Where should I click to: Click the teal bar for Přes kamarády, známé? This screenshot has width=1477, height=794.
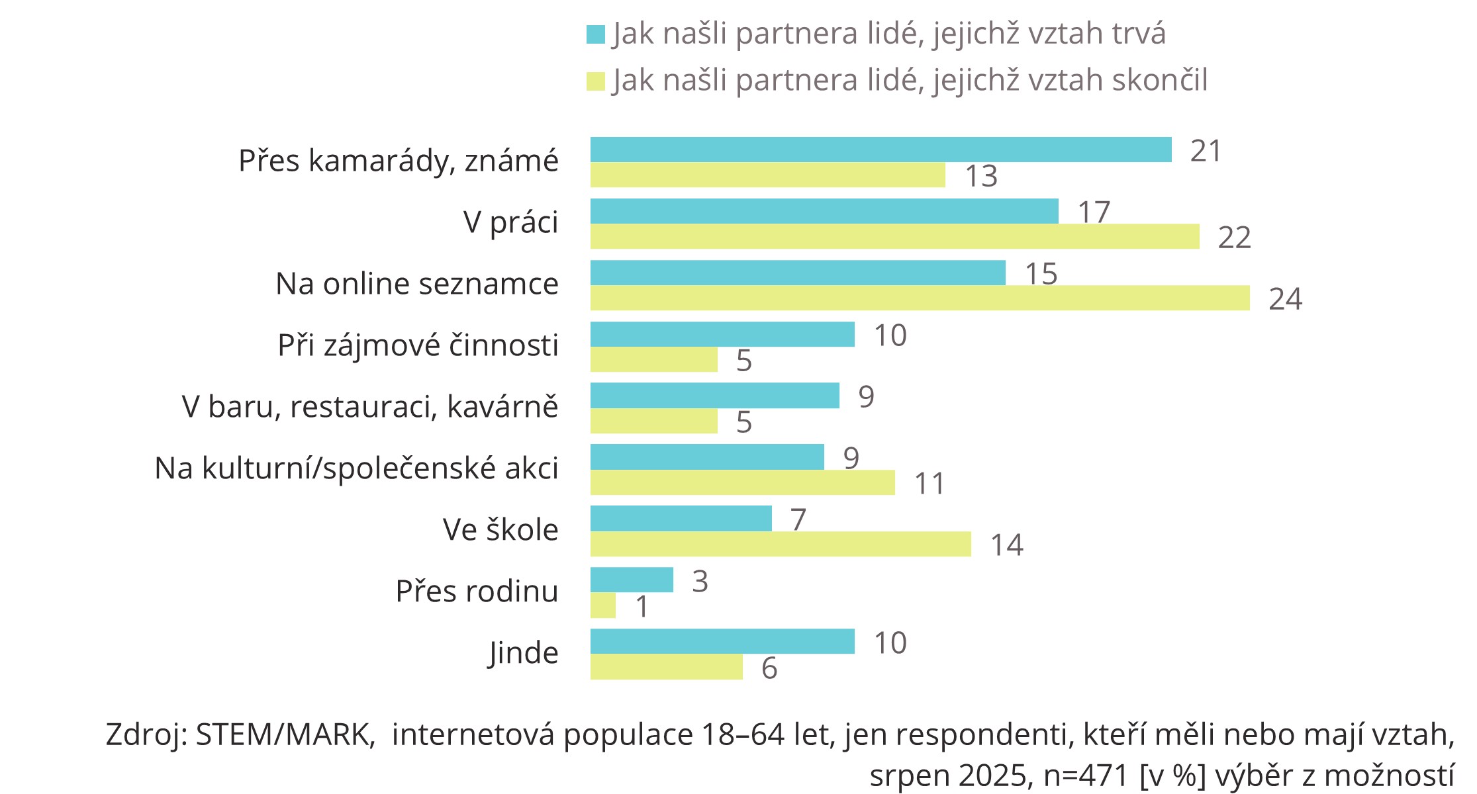tap(881, 150)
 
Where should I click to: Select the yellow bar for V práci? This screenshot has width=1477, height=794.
tap(894, 236)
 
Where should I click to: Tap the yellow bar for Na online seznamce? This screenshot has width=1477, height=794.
tap(920, 298)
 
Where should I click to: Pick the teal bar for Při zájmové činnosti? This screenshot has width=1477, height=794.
tap(722, 334)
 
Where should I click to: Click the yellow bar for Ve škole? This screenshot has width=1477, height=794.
tap(781, 544)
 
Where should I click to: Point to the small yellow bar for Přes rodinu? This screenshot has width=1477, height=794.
tap(602, 605)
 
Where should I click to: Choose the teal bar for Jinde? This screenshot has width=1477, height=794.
tap(722, 641)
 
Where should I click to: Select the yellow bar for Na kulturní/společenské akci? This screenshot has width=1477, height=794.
tap(742, 482)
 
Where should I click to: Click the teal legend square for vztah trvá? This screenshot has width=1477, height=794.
tap(596, 34)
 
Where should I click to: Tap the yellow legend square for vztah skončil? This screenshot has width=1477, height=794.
tap(596, 81)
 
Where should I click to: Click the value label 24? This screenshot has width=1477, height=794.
tap(1285, 299)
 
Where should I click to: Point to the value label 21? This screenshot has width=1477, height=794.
tap(1206, 151)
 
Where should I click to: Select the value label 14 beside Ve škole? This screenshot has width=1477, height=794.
tap(1006, 545)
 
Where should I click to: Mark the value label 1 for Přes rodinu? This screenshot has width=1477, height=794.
tap(642, 607)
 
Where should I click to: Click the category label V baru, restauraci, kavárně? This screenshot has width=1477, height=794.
tap(370, 406)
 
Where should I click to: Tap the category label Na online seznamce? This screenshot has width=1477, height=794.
tap(416, 283)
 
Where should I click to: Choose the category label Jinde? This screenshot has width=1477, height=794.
tap(523, 653)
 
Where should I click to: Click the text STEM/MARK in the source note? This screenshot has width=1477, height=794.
tap(285, 734)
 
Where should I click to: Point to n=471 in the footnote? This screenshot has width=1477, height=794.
tap(1086, 776)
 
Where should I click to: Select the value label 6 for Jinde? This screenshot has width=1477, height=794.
tap(769, 668)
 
